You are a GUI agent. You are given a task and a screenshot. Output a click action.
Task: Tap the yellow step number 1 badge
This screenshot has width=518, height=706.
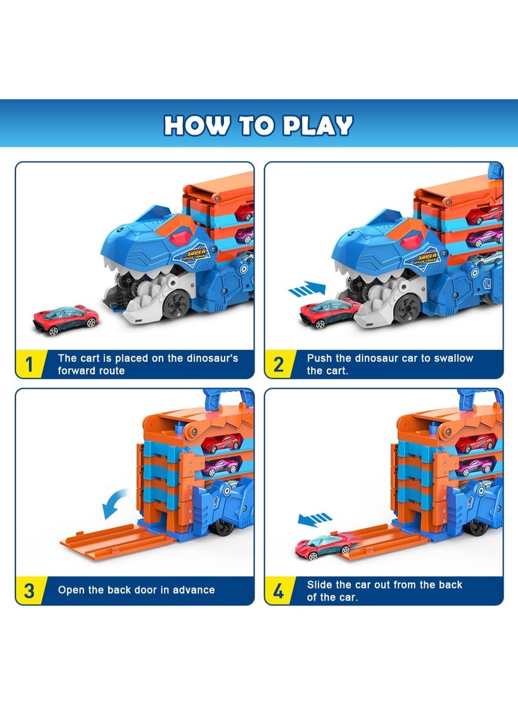click(x=28, y=364)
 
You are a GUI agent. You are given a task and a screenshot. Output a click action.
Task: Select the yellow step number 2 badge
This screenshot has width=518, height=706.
click(x=278, y=364)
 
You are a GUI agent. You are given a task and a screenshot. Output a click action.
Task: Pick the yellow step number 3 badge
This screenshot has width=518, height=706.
click(x=28, y=590)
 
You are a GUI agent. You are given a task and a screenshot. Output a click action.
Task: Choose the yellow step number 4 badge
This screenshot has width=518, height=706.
click(x=278, y=590)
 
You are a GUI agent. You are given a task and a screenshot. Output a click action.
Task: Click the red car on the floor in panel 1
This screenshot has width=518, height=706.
click(x=66, y=319)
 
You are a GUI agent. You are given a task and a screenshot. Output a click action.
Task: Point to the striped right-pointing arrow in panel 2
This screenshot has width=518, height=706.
click(x=306, y=289)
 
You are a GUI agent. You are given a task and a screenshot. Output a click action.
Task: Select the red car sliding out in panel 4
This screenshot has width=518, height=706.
click(x=324, y=547)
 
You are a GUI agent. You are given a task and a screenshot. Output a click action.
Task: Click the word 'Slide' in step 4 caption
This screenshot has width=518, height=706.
click(x=321, y=584)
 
